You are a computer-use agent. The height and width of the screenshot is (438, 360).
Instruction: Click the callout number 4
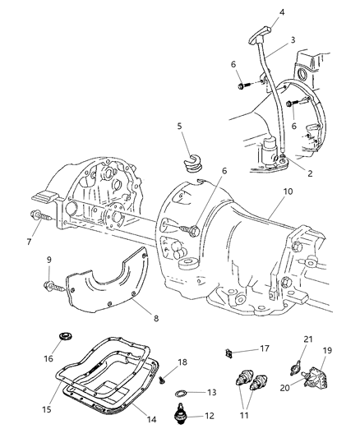coord(259,12)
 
